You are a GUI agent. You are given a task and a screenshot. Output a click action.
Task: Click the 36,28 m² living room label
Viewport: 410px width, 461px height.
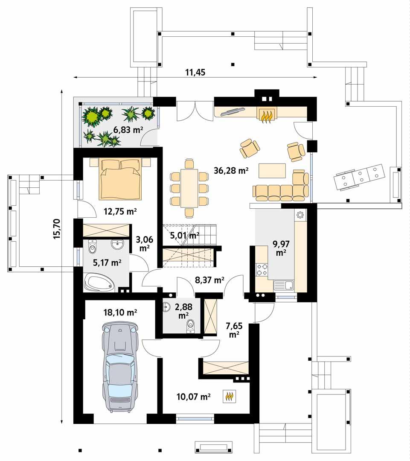coord(231,171)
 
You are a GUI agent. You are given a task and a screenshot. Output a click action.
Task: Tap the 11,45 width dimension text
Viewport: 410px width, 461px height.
coord(195,72)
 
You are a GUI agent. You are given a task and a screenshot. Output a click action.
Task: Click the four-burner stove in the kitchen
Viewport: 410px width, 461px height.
coord(262,269)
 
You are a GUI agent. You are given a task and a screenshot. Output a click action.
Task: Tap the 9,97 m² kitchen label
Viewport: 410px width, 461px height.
coord(280,248)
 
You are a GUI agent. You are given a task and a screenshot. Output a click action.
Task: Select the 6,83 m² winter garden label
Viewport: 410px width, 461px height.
coord(128,130)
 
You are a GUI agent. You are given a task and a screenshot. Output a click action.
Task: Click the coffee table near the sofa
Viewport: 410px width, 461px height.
coord(272,171)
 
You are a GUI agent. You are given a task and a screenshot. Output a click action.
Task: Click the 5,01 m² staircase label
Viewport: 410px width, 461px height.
coord(185,235)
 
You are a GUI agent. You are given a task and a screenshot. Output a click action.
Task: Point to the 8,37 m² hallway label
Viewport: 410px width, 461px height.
coord(209,280)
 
